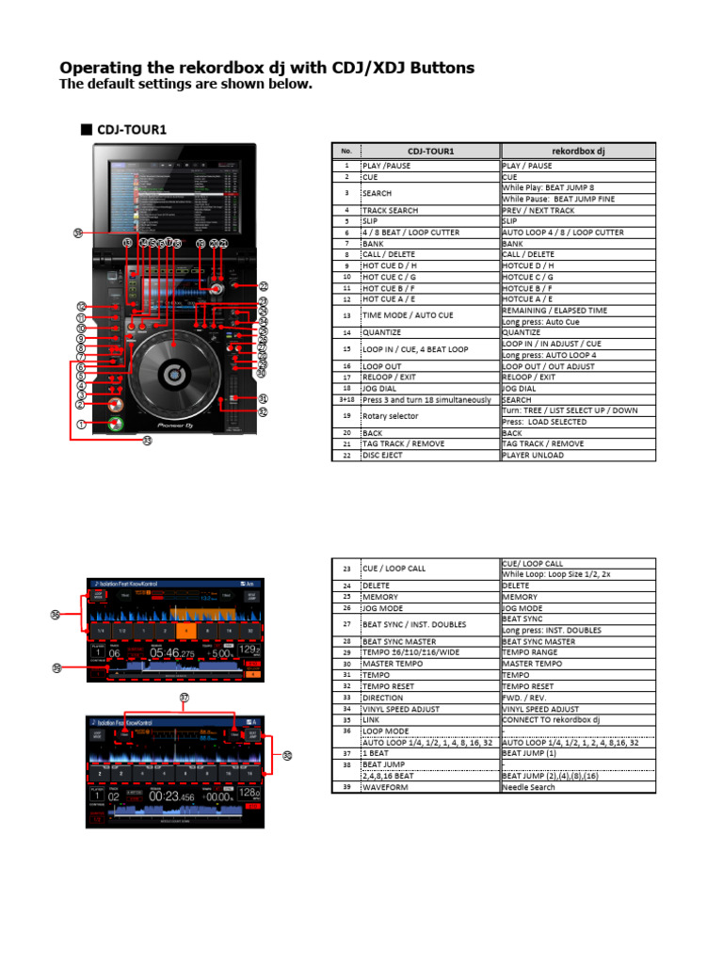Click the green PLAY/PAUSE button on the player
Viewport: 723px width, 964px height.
[x=114, y=424]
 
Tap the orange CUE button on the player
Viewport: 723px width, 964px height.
[x=114, y=404]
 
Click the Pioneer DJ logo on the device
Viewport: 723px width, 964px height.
[x=176, y=426]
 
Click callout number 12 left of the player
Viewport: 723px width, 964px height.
[x=82, y=306]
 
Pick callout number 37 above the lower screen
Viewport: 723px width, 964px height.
[x=184, y=698]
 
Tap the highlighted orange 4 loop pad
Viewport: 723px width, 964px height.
[x=187, y=630]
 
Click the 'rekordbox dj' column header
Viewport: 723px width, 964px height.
[x=578, y=151]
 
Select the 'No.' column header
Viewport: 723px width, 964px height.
[x=345, y=151]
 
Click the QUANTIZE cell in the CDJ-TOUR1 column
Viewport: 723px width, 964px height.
[x=381, y=332]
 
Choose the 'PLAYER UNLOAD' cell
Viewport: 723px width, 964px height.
[x=534, y=455]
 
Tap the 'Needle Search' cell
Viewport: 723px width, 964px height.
[x=528, y=787]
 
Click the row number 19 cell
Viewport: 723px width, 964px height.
[x=345, y=416]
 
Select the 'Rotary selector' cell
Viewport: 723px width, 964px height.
[x=390, y=416]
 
